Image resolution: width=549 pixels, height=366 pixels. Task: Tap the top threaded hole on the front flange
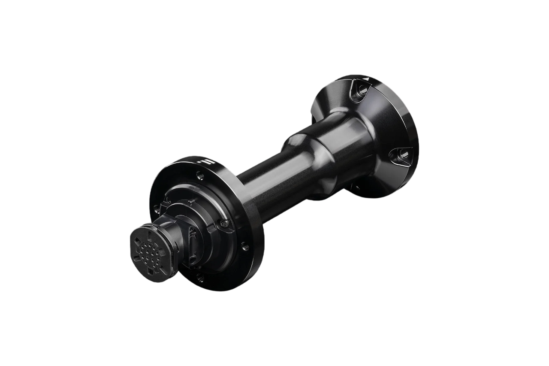[199, 175]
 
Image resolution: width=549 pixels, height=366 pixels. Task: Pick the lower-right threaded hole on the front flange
[244, 246]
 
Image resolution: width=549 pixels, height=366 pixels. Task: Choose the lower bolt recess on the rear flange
[398, 154]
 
